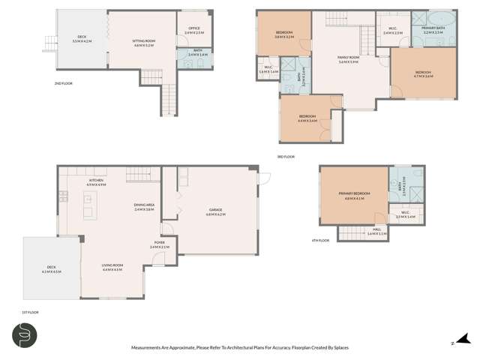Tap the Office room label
pos(193,30)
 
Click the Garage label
pos(216,212)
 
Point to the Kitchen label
pos(96,181)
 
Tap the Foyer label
pos(160,244)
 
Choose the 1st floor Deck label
pos(51,268)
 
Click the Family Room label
pos(348,61)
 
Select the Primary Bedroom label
pos(353,196)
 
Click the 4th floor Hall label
pos(378,232)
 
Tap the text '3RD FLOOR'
pos(286,157)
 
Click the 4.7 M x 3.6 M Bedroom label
pos(424,73)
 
